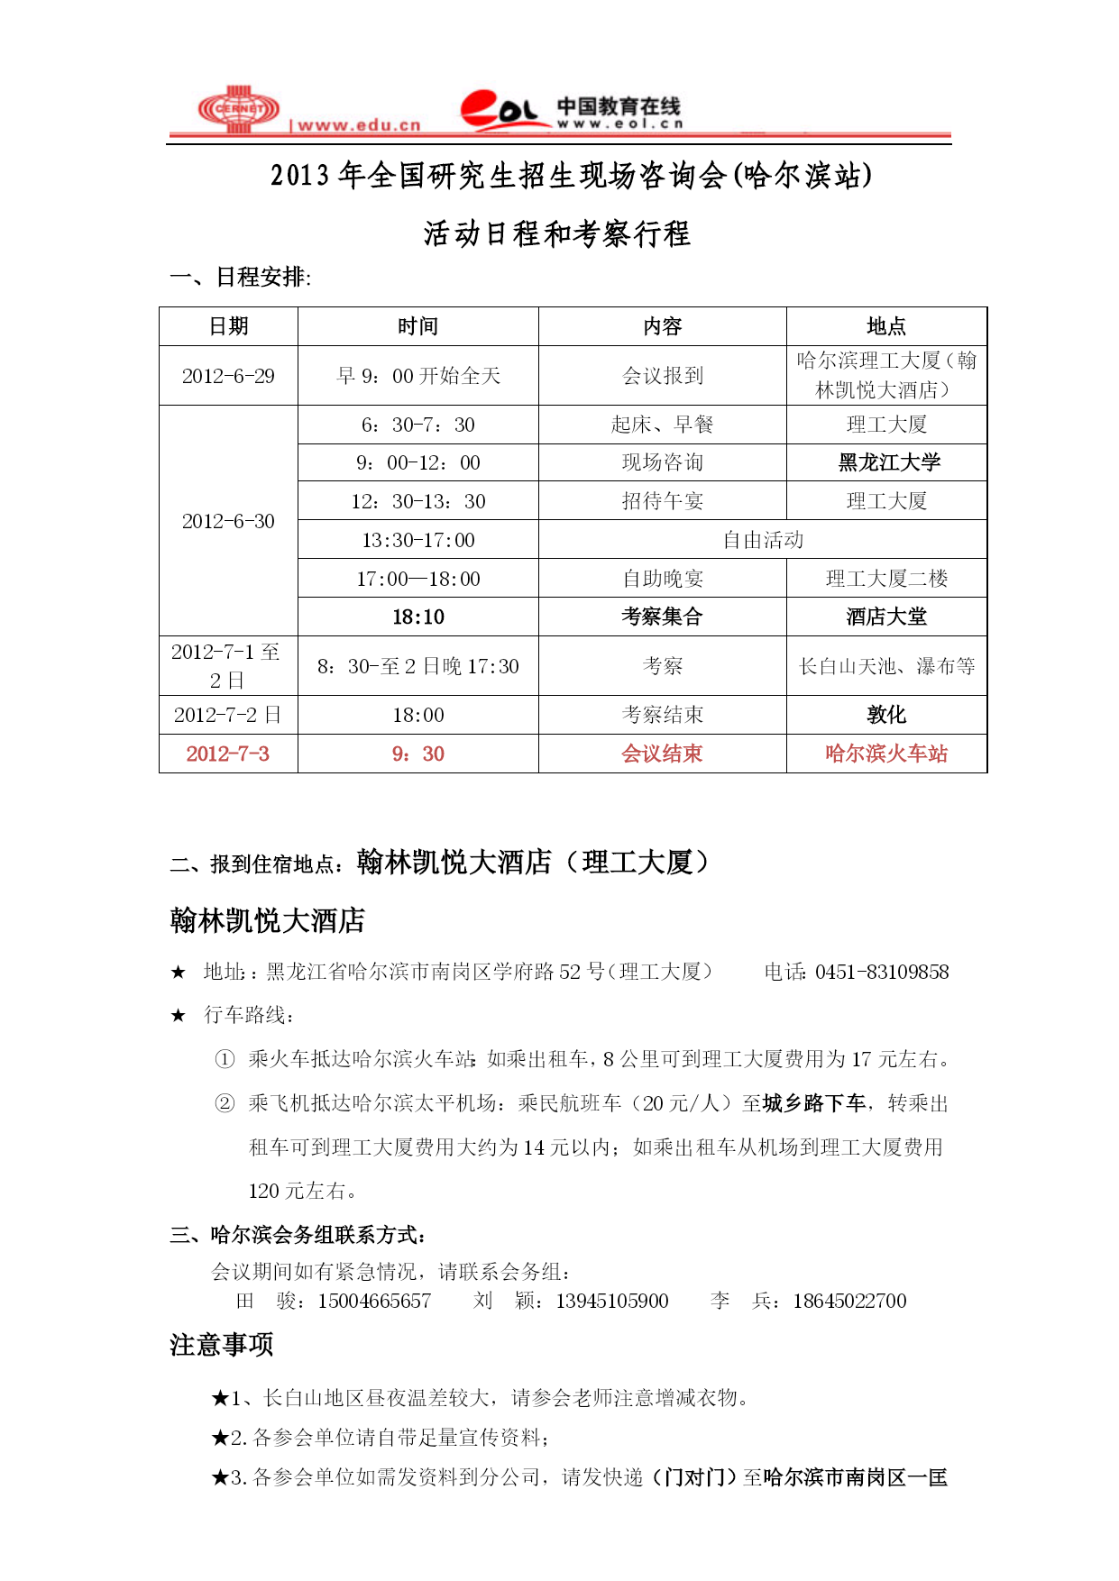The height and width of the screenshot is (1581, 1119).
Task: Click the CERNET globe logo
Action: pos(239,109)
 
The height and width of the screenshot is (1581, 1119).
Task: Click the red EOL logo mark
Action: pos(498,110)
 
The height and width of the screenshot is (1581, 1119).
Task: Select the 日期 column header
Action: pos(228,326)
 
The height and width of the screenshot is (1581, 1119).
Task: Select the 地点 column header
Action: pos(886,326)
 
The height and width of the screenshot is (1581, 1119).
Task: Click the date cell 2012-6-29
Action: pos(228,376)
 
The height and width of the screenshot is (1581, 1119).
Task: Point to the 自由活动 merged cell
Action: pos(763,540)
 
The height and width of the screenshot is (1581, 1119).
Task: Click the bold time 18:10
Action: pos(418,617)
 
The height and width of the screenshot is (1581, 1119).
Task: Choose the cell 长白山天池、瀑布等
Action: pos(886,666)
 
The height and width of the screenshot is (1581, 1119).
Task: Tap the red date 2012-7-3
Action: pos(228,754)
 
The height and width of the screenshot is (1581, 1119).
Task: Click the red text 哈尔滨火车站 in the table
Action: pos(886,754)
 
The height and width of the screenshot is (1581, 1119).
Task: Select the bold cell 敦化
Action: pos(886,715)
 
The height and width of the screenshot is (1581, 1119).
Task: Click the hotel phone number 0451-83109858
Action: pos(882,972)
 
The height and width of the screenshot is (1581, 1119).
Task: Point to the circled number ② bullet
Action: pos(225,1103)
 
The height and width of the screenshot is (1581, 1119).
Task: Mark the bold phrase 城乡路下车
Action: pos(813,1103)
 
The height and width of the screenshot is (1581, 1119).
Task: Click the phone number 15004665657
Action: pos(374,1301)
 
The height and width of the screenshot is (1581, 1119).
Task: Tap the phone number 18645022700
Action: pos(849,1301)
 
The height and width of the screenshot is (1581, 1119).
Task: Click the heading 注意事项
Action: pos(222,1345)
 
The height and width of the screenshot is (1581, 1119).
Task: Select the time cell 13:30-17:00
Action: pos(418,540)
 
